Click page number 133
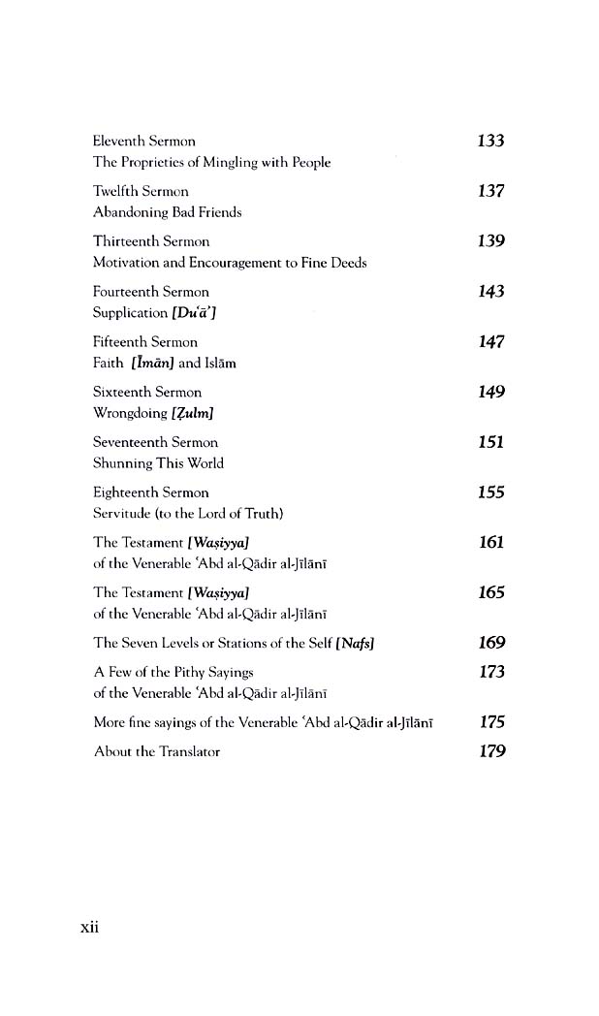click(491, 141)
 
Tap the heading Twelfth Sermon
click(141, 191)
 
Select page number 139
click(491, 241)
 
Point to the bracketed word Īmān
click(152, 364)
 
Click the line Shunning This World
click(158, 463)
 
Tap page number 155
click(491, 492)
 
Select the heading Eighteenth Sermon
click(150, 492)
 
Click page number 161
click(491, 542)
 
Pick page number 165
click(491, 592)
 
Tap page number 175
click(491, 722)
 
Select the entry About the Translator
click(156, 751)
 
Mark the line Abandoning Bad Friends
click(167, 212)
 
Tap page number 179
click(491, 751)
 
